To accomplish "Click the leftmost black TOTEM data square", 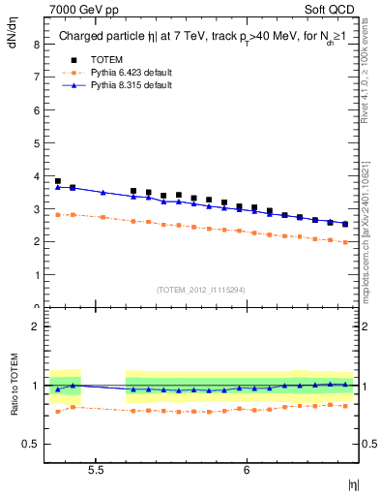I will click(58, 181).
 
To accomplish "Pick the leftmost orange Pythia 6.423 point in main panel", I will click(58, 215).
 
